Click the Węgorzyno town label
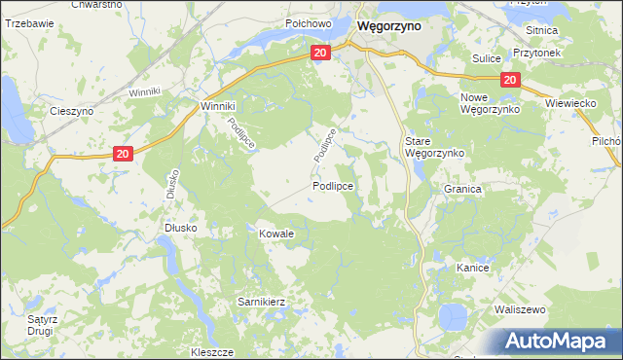(x=389, y=27)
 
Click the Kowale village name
(x=275, y=234)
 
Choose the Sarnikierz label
(x=261, y=302)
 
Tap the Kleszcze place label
(x=213, y=350)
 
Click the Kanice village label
(x=472, y=267)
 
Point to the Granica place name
(x=463, y=190)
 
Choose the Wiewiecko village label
(x=572, y=102)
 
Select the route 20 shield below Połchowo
(x=321, y=54)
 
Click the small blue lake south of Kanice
(x=452, y=316)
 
